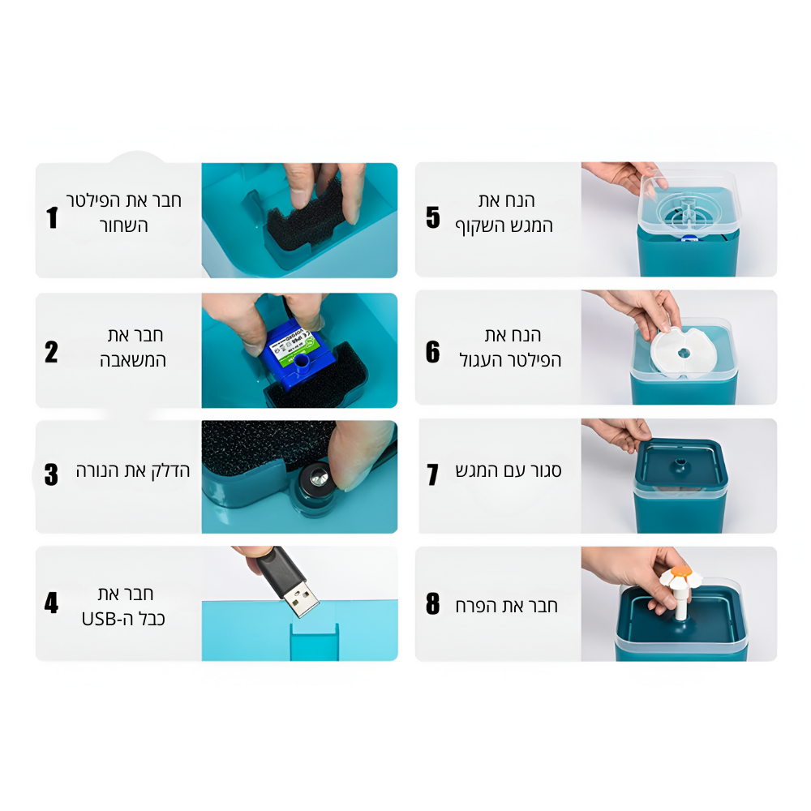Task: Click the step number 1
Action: coord(52,217)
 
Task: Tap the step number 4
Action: coord(51,603)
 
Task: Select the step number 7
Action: coord(433,474)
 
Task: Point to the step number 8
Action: coord(433,603)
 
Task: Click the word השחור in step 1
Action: coord(123,225)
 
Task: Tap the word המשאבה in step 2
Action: coord(133,360)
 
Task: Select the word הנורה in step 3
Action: coord(98,470)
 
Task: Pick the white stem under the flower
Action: coord(681,603)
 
